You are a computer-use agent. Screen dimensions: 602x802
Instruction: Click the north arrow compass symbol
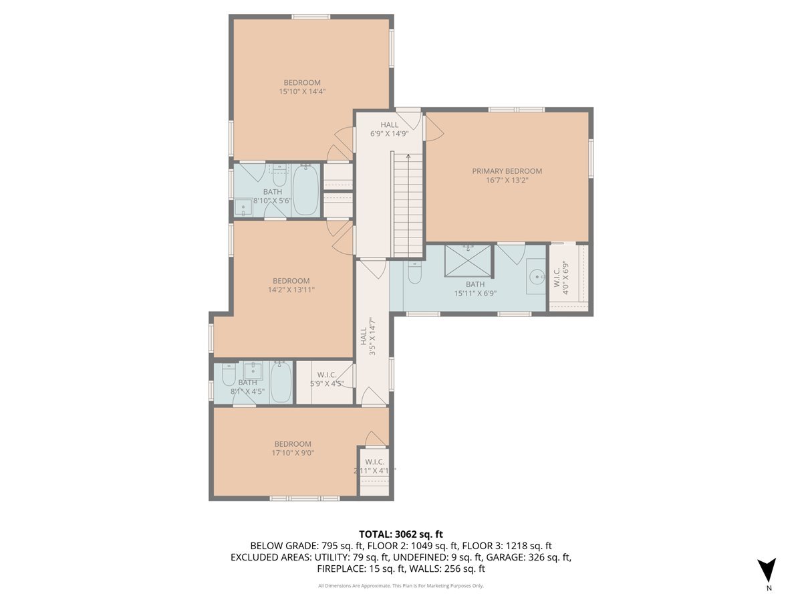768,570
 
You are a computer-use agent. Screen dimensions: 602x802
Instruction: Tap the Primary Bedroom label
507,171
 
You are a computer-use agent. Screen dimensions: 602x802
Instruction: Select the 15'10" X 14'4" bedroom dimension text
302,92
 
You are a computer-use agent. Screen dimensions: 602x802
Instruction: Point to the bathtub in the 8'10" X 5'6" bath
305,190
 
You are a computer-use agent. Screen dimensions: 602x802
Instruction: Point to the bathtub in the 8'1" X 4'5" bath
281,382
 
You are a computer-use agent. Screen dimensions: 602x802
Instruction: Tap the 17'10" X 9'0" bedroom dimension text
293,453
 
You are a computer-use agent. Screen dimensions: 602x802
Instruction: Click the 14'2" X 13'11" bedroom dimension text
291,290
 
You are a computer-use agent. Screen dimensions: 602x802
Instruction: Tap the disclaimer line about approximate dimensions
401,586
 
